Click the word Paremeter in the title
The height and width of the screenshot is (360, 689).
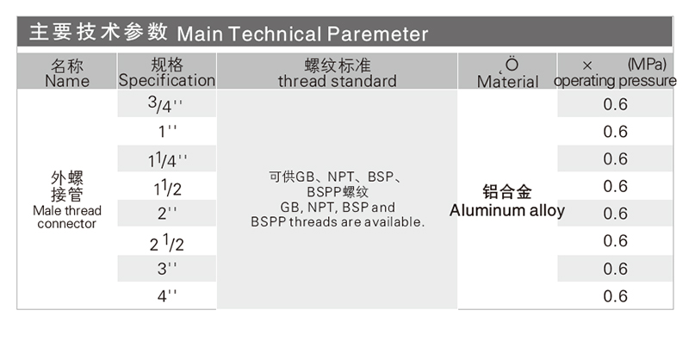coord(377,34)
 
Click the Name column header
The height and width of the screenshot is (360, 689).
coord(67,73)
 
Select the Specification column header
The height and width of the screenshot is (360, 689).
coord(167,72)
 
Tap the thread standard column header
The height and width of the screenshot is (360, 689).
coord(337,73)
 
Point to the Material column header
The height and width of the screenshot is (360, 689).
coord(507,73)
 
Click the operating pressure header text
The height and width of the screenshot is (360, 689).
coord(615,81)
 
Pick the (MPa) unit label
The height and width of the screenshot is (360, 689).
coord(647,65)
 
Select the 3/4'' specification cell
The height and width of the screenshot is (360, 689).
coord(165,104)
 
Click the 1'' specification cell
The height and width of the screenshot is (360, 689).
coord(167,131)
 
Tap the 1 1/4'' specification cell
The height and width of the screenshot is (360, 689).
coord(167,160)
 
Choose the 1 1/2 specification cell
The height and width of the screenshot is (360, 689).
coord(167,188)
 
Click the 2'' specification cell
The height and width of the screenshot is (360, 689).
coord(167,214)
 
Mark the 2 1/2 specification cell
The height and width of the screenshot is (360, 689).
coord(166,243)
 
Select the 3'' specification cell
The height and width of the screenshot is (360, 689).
coord(167,268)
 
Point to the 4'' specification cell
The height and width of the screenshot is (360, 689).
coord(167,295)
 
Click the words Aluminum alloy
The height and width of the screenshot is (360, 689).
coord(507,210)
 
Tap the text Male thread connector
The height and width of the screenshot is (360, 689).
coord(67,217)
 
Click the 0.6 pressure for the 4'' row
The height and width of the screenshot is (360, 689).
coord(615,296)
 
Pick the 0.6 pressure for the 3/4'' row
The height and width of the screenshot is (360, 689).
coord(615,104)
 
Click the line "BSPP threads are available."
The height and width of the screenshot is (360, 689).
coord(338,222)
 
